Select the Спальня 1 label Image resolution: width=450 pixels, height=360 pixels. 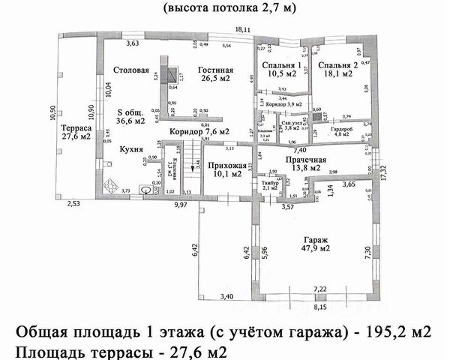281,67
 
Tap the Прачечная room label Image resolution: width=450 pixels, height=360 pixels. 305,160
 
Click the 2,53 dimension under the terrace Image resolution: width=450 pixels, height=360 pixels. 73,203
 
